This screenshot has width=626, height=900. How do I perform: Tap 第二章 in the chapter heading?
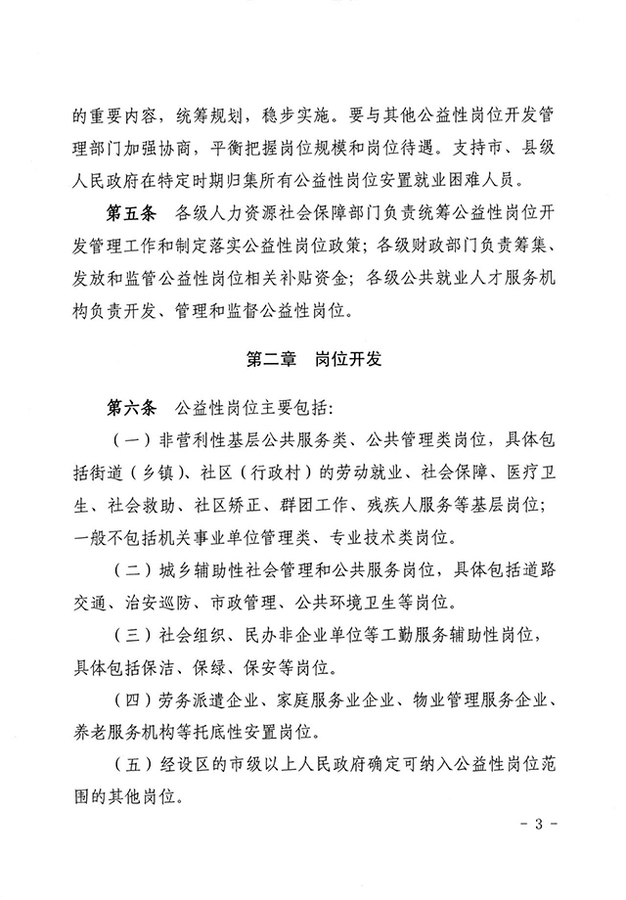point(277,360)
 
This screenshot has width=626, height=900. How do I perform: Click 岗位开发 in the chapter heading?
point(348,360)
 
